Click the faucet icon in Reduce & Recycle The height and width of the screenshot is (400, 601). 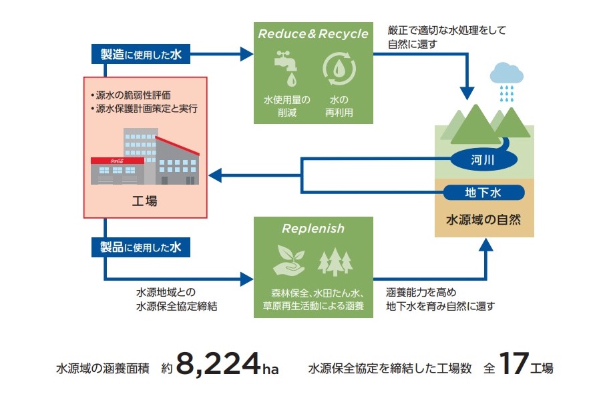pos(288,67)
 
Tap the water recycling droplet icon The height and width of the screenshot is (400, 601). pos(337,68)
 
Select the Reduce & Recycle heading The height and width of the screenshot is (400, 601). pos(313,33)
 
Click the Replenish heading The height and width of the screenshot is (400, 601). pos(313,229)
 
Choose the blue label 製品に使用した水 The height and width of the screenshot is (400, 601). pos(141,247)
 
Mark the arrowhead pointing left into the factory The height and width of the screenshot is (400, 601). pos(215,175)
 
